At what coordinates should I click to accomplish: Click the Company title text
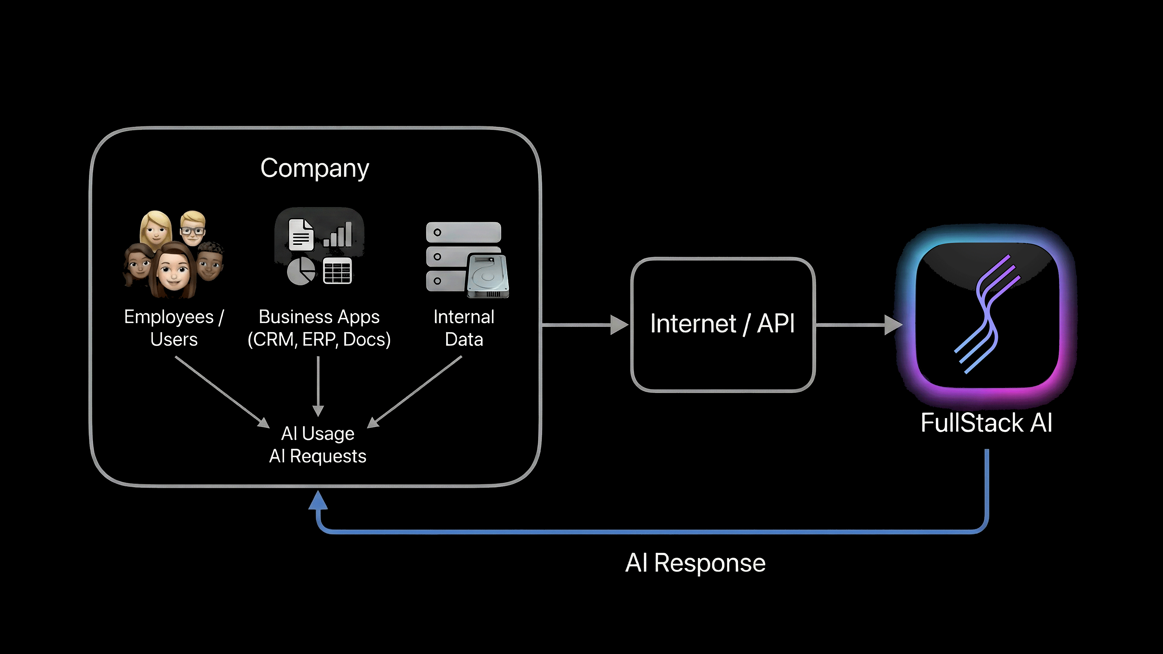point(315,168)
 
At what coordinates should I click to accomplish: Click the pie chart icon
point(301,271)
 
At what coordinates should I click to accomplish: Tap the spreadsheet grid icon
point(337,271)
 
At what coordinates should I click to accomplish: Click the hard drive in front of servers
point(488,275)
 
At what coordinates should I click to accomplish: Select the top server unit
point(463,232)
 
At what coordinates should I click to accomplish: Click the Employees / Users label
point(174,328)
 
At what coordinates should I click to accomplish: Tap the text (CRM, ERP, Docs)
point(319,339)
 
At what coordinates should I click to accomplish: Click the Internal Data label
point(464,328)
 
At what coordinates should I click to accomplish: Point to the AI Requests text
point(318,456)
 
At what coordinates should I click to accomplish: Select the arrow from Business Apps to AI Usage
point(318,386)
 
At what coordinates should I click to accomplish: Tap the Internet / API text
point(722,324)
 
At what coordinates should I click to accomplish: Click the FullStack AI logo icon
point(987,315)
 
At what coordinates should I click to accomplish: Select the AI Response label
point(695,563)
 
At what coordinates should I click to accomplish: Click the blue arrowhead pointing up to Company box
point(318,500)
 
